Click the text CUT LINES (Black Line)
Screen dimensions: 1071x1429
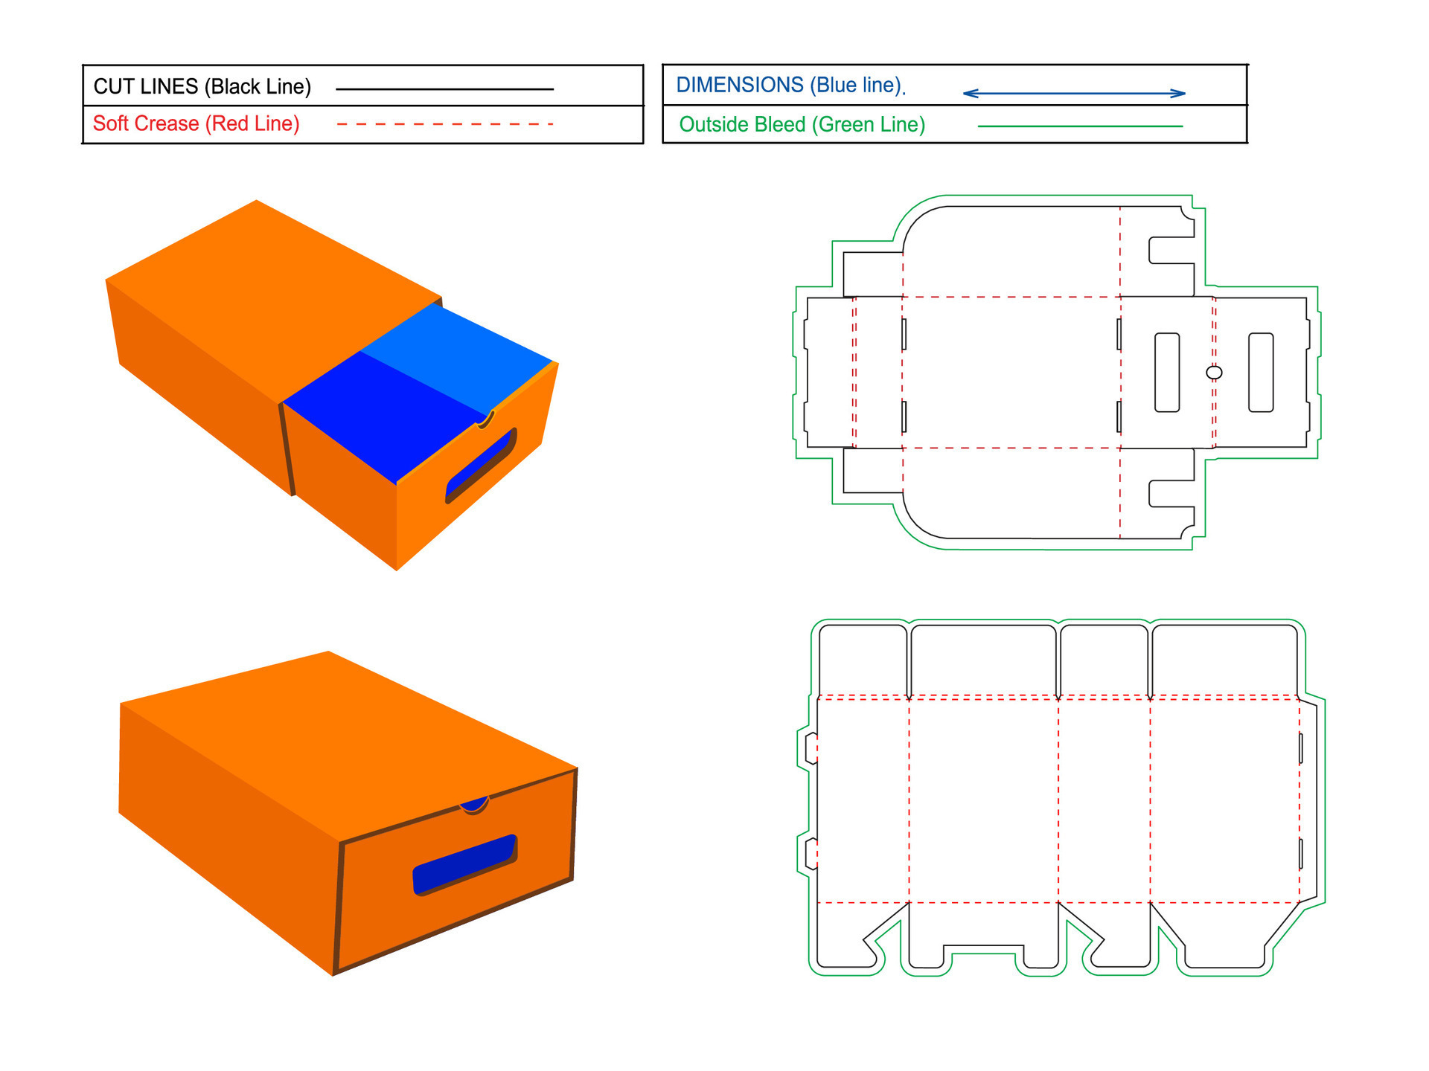[x=202, y=87]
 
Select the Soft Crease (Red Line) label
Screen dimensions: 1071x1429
[x=196, y=123]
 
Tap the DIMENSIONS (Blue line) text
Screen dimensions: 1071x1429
[x=789, y=86]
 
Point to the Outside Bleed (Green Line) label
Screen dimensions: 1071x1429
[x=802, y=124]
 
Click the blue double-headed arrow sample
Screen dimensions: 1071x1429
[x=1073, y=94]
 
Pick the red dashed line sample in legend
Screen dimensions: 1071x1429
[x=444, y=124]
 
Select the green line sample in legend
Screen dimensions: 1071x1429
[x=1079, y=126]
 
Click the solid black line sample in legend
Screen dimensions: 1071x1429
[x=444, y=89]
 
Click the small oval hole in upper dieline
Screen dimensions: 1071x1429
[x=1214, y=372]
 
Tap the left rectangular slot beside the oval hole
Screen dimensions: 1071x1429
[x=1167, y=372]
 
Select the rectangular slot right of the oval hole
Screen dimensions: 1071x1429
[x=1261, y=372]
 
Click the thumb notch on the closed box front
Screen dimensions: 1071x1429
[x=474, y=803]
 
